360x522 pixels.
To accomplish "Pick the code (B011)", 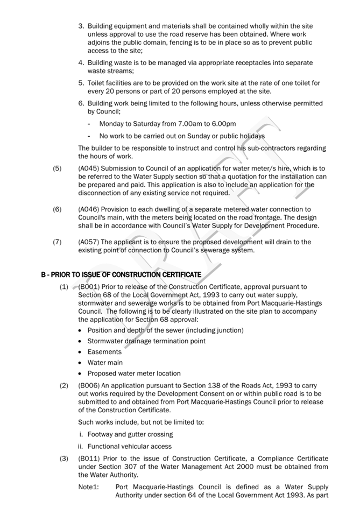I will point(89,458).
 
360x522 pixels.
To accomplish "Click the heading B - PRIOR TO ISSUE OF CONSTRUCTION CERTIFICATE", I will point(121,274).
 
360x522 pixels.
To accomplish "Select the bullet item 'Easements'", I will point(104,352).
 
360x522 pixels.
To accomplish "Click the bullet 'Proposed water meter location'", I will point(134,373).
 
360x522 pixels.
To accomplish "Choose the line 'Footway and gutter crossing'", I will point(130,434).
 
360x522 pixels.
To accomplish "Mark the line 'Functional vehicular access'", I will point(130,446).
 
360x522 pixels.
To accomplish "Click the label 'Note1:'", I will point(89,486).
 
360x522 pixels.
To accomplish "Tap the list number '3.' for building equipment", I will point(81,26).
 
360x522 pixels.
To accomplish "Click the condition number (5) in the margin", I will point(57,168).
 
